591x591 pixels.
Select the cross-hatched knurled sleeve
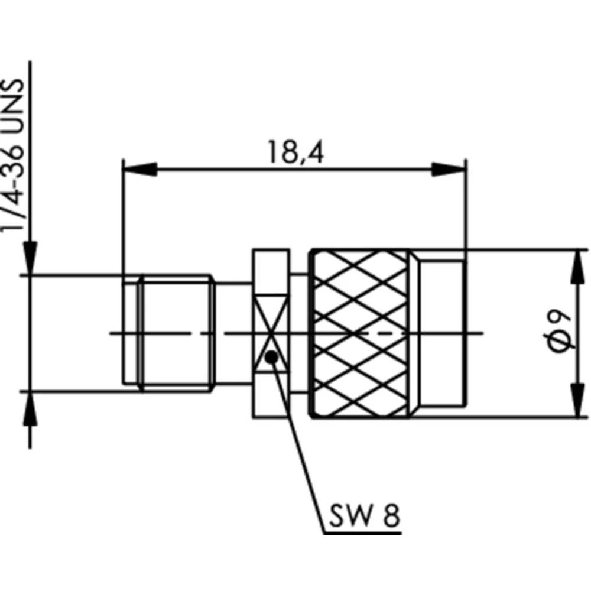[x=361, y=334]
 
